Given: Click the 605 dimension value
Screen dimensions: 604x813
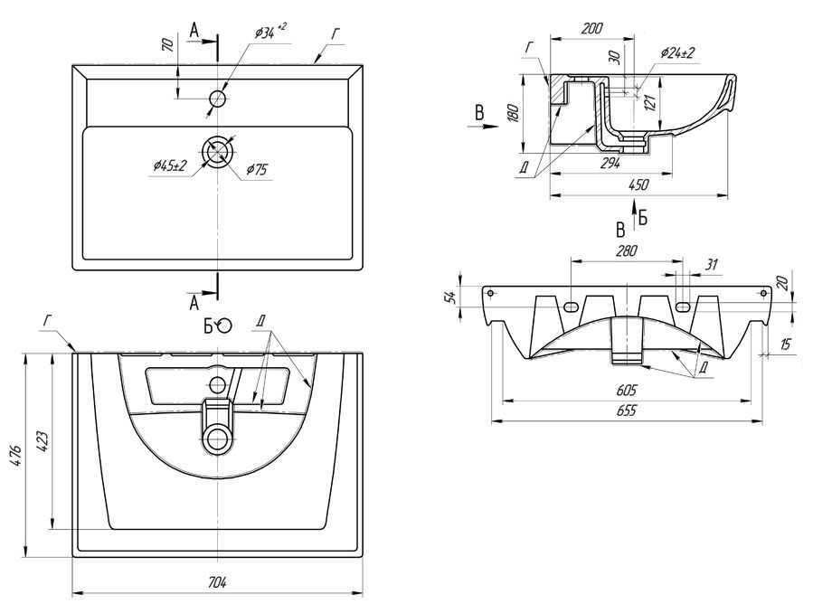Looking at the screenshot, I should pyautogui.click(x=627, y=390).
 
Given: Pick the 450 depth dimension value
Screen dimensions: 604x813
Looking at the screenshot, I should pyautogui.click(x=638, y=185).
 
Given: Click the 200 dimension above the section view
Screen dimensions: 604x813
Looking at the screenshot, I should pyautogui.click(x=591, y=29).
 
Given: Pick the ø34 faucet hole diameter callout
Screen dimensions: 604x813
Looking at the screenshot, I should pyautogui.click(x=270, y=33).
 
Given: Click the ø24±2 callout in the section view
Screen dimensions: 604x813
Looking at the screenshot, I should pyautogui.click(x=677, y=54).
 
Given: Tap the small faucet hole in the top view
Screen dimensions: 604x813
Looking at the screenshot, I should pyautogui.click(x=218, y=99).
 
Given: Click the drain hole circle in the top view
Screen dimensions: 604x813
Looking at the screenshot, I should pyautogui.click(x=218, y=151).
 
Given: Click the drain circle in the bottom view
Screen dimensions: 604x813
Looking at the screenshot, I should pyautogui.click(x=218, y=440).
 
